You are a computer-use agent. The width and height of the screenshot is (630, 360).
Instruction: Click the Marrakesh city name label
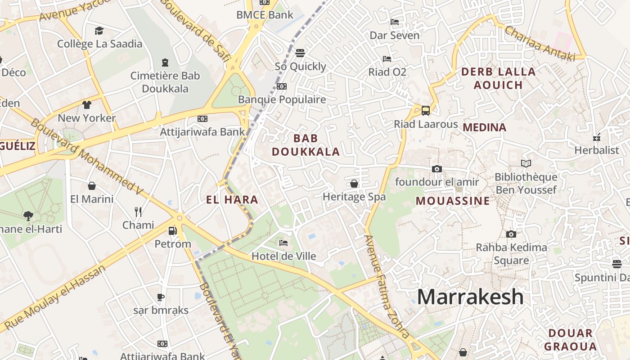[470, 297]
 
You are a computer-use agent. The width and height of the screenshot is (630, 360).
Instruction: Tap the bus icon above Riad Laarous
[425, 110]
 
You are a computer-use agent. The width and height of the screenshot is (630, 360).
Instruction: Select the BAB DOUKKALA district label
[306, 145]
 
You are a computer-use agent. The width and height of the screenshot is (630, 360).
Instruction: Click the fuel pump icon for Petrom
[172, 231]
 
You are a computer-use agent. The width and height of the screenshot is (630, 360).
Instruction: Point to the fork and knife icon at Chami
[138, 211]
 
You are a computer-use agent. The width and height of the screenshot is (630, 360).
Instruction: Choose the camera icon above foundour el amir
[436, 169]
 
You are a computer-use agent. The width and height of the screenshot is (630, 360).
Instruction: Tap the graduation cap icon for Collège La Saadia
[99, 31]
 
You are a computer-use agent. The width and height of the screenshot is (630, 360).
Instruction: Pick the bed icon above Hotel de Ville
[283, 243]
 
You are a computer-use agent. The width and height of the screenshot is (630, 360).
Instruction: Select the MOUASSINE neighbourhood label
[452, 201]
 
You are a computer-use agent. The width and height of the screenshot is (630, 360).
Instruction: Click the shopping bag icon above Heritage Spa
[354, 184]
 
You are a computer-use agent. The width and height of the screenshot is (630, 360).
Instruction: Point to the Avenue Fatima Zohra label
[387, 287]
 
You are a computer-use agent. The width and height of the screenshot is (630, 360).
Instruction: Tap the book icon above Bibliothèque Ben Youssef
[526, 164]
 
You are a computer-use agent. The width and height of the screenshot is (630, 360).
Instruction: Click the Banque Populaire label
[282, 99]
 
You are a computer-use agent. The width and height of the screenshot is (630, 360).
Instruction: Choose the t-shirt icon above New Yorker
[87, 105]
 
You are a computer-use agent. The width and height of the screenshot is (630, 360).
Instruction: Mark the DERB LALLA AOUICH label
[498, 78]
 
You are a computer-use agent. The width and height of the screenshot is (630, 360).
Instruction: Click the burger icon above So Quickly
[300, 53]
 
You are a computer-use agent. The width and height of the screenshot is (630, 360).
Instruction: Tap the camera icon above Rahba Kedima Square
[511, 234]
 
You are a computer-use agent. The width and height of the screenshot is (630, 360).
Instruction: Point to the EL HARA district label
[232, 200]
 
